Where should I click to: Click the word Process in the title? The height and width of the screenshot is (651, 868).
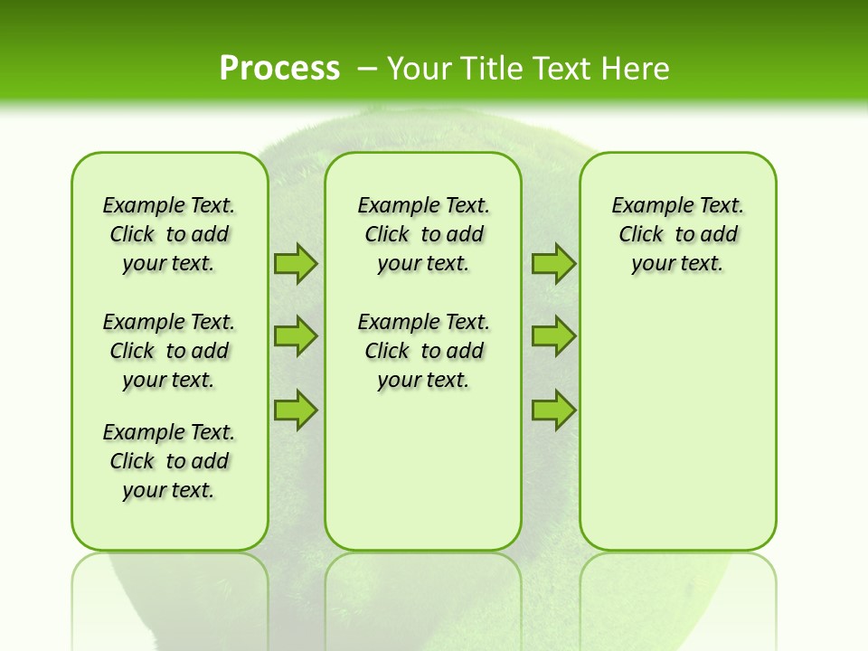click(x=279, y=68)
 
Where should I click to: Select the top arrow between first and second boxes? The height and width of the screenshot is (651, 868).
click(x=295, y=264)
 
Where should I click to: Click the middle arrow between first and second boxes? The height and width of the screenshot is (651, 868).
click(x=295, y=336)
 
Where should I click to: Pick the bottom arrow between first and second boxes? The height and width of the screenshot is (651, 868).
click(x=295, y=410)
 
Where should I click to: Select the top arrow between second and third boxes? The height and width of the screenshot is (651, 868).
click(x=553, y=264)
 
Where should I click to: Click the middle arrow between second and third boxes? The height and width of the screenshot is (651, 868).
click(x=553, y=336)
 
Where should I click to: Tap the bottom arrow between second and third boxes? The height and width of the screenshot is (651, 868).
click(x=553, y=410)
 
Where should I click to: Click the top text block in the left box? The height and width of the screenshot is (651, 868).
click(x=169, y=234)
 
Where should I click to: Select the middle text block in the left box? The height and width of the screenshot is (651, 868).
click(x=169, y=351)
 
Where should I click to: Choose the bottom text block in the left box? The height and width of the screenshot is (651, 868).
click(x=169, y=461)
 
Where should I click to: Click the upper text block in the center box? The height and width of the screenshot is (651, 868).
click(x=423, y=234)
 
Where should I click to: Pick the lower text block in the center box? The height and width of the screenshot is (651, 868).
click(x=423, y=351)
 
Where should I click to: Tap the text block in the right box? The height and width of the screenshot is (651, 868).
click(x=677, y=234)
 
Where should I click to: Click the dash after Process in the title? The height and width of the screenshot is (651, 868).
click(x=367, y=68)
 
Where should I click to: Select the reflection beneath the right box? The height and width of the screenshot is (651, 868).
click(x=677, y=597)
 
